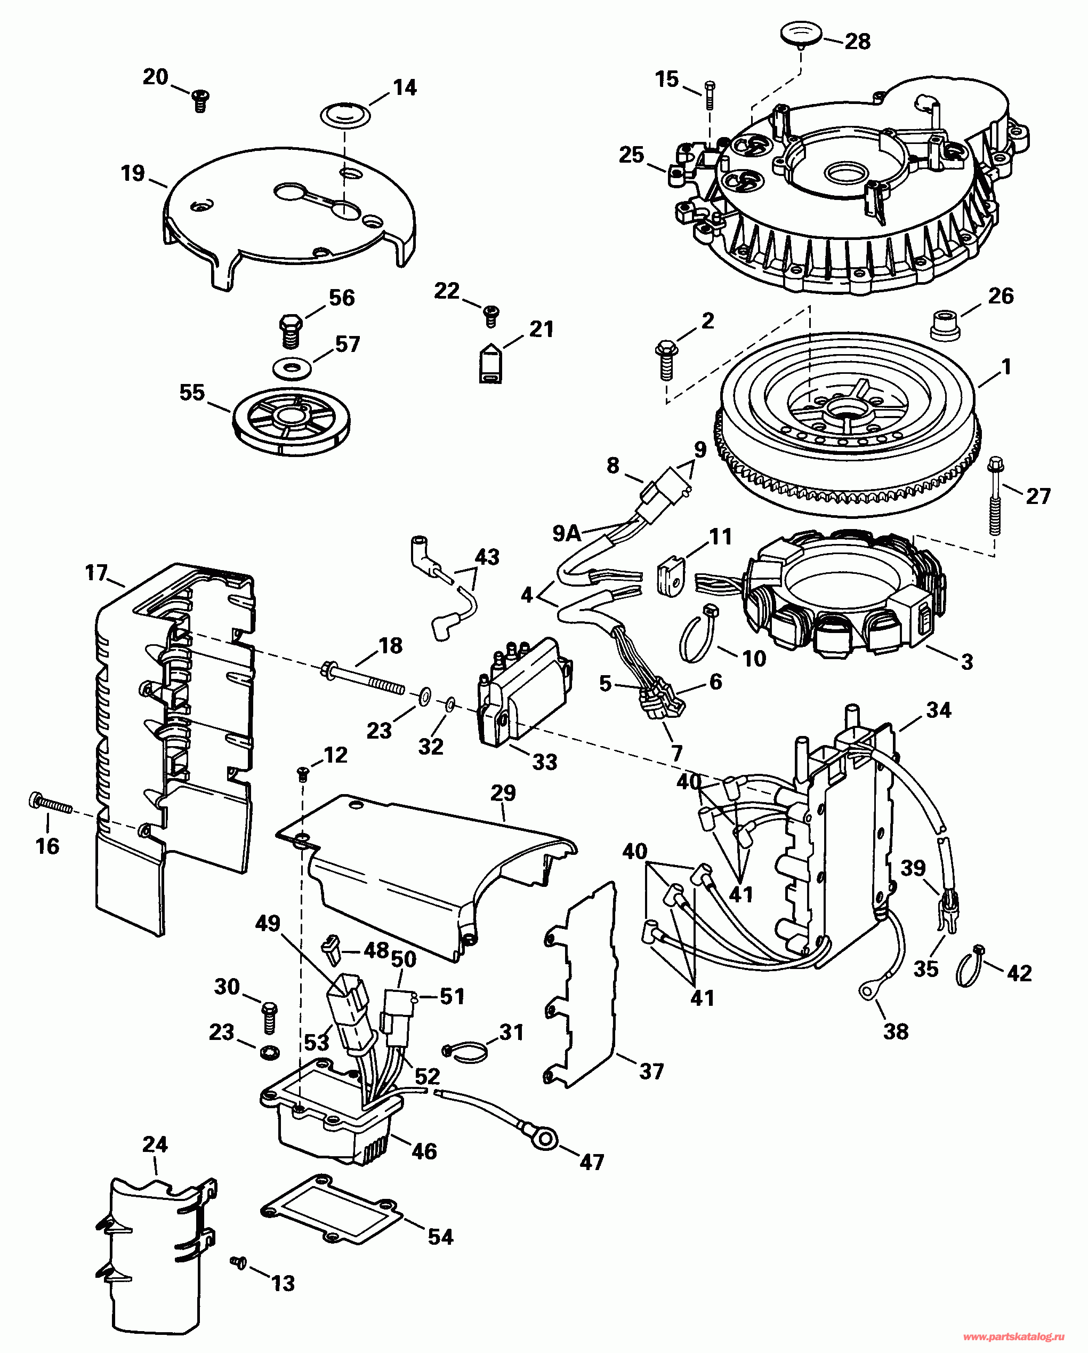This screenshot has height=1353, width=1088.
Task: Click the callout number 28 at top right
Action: [x=857, y=42]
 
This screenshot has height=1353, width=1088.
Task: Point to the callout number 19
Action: [x=133, y=173]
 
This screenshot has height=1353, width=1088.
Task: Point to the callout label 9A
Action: [x=567, y=533]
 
